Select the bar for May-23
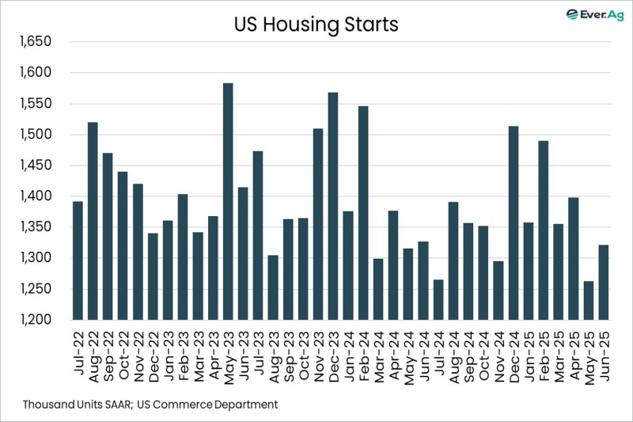pyautogui.click(x=228, y=201)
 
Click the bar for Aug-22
pyautogui.click(x=93, y=221)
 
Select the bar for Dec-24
pyautogui.click(x=513, y=222)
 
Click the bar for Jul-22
pyautogui.click(x=78, y=260)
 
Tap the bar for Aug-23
pyautogui.click(x=273, y=287)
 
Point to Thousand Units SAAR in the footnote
pyautogui.click(x=77, y=405)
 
